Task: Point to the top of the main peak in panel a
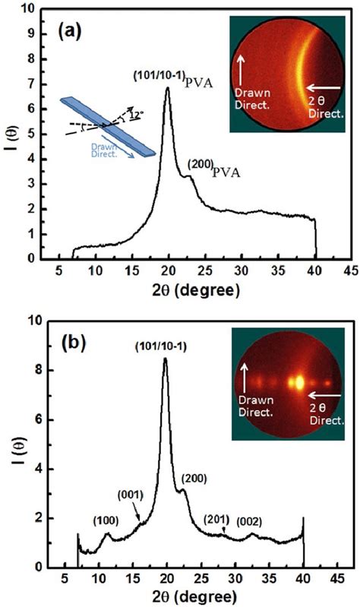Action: tap(167, 88)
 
